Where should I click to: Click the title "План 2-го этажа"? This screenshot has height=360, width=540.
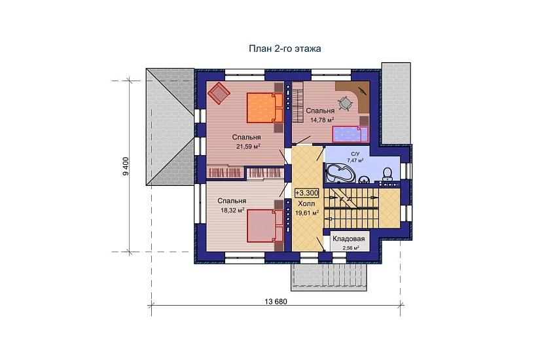285,48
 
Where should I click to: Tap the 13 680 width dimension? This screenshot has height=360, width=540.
276,302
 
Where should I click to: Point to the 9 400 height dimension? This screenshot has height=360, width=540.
126,166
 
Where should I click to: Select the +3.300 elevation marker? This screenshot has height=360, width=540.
306,193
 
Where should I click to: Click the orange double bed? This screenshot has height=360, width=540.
265,107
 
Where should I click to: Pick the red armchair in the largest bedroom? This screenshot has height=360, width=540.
219,92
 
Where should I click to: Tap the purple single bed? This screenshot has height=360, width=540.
350,134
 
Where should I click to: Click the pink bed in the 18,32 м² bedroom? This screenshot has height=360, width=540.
265,226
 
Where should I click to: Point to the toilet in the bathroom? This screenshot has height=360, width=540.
387,174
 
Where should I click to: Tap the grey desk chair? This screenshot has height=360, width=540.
345,103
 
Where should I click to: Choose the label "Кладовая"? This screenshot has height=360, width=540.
348,239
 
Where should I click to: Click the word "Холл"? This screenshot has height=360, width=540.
306,204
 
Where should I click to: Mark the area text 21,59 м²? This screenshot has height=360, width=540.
248,146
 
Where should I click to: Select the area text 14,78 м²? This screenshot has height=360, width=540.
322,120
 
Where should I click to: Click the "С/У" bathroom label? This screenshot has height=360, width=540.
355,154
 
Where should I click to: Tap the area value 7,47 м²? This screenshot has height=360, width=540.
355,160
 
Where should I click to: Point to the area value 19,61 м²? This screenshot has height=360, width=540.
307,213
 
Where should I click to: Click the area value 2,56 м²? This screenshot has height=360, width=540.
351,247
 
